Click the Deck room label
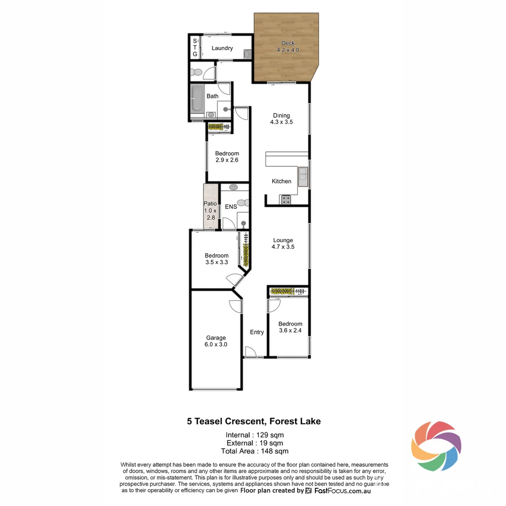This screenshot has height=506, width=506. (x=288, y=43)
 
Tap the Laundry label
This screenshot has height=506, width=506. (x=222, y=48)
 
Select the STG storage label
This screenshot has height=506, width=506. (x=195, y=48)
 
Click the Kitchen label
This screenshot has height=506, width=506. (x=282, y=181)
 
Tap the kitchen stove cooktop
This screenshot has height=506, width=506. (x=286, y=200)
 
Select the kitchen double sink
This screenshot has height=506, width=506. (x=303, y=175)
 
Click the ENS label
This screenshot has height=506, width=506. (x=231, y=207)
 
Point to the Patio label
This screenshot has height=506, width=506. (x=210, y=204)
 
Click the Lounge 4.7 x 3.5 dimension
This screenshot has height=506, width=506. (x=283, y=247)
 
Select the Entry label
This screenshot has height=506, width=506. (x=257, y=332)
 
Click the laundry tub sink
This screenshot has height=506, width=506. (x=247, y=54)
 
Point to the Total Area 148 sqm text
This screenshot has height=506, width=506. (x=254, y=451)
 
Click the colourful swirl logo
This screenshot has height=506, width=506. (x=436, y=446)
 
